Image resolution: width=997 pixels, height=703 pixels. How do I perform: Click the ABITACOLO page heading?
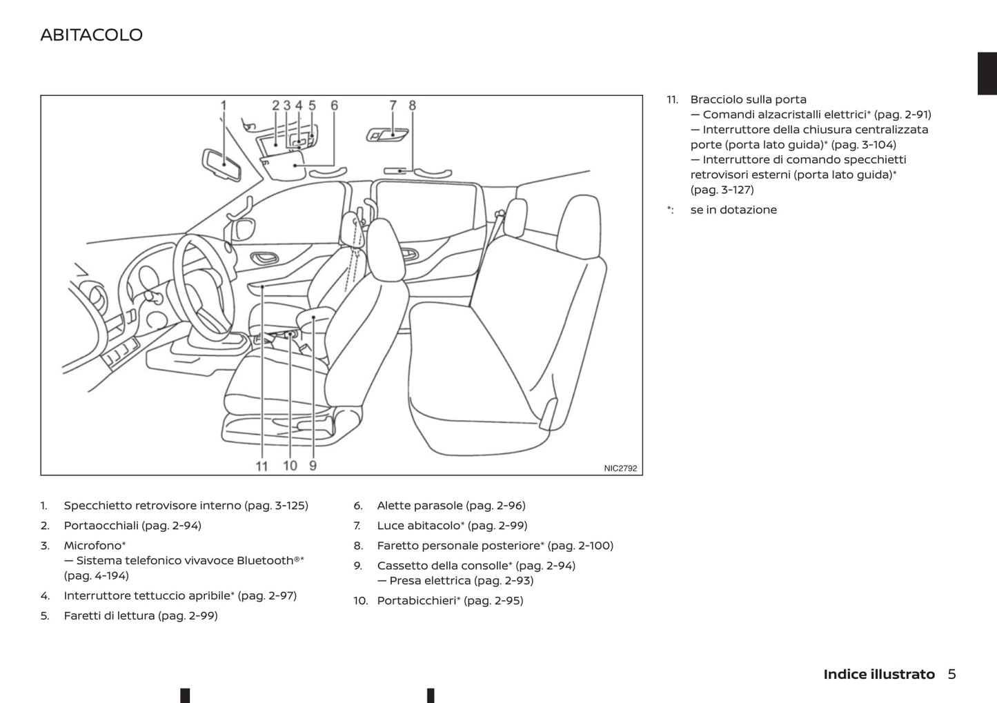(91, 35)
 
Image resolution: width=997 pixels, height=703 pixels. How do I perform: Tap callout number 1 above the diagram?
(223, 106)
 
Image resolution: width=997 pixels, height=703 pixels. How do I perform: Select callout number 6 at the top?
(334, 106)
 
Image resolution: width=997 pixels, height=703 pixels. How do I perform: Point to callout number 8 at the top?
(412, 106)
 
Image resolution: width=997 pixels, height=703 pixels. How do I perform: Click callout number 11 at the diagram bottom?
(261, 466)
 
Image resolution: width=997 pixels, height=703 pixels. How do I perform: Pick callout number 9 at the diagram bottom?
(313, 466)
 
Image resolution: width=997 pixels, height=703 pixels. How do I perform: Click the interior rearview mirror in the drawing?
(221, 165)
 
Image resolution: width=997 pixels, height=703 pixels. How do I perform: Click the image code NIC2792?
(620, 468)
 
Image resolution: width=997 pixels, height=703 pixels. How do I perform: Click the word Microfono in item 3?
(92, 546)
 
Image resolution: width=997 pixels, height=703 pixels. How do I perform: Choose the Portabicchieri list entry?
(417, 601)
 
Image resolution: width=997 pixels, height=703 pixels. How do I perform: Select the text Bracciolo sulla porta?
(748, 99)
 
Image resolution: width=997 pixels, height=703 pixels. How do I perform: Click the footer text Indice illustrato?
(878, 674)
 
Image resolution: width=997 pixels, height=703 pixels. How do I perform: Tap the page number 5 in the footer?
(951, 674)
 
